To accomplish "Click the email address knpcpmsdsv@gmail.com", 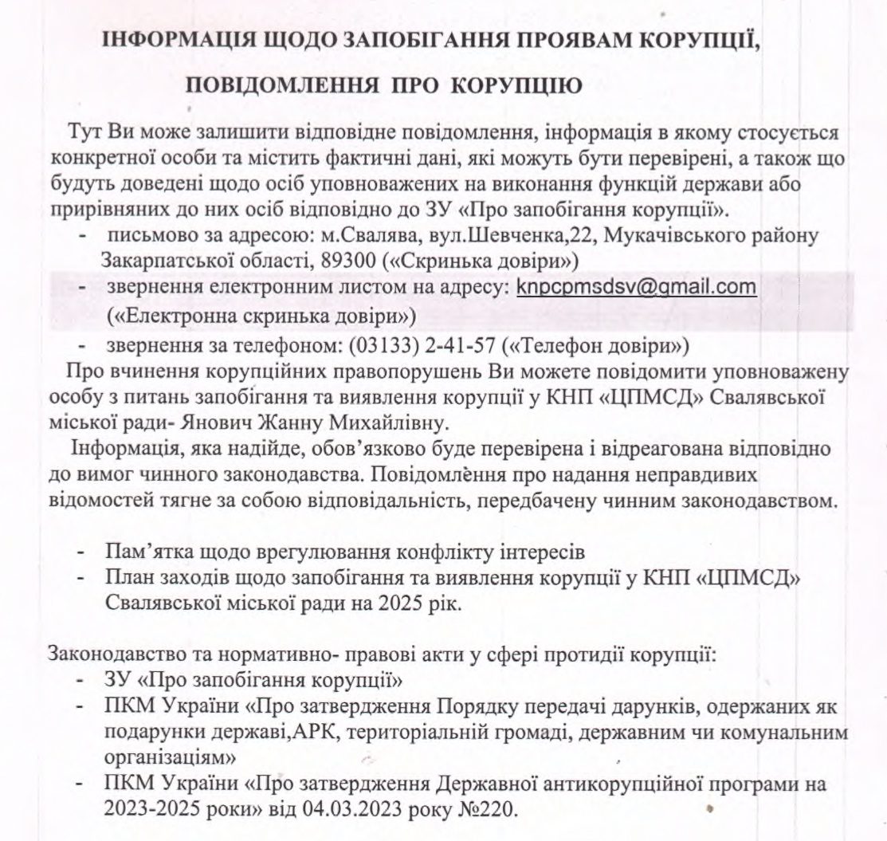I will click(x=636, y=286).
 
